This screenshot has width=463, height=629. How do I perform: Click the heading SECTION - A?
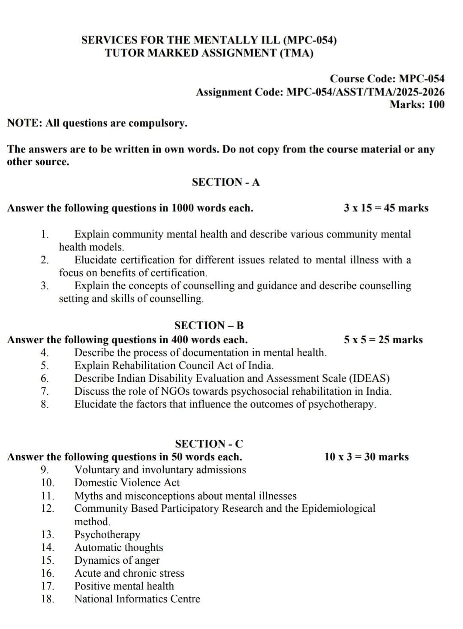(x=225, y=182)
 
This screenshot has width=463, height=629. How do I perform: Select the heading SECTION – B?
(x=209, y=325)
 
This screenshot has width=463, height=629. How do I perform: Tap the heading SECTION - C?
(x=209, y=444)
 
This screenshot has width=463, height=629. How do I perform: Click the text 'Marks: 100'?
(x=417, y=104)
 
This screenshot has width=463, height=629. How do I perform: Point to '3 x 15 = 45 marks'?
(x=386, y=208)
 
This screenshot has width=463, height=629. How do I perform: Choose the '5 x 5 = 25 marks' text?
(x=383, y=340)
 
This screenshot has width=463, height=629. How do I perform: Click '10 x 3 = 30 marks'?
(x=367, y=457)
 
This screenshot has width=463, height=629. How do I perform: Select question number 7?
(x=45, y=391)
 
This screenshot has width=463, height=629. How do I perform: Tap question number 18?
(x=48, y=599)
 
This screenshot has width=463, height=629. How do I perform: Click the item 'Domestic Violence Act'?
(x=127, y=483)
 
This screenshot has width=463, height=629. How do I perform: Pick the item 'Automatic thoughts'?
(x=119, y=547)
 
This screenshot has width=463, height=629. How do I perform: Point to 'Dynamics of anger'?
(x=117, y=560)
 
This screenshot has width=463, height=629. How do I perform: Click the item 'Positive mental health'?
(x=124, y=586)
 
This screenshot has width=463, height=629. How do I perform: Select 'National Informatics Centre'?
(x=137, y=599)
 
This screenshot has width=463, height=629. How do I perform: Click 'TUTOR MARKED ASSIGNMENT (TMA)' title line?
(x=209, y=53)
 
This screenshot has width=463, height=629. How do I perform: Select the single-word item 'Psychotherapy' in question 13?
(x=108, y=535)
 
